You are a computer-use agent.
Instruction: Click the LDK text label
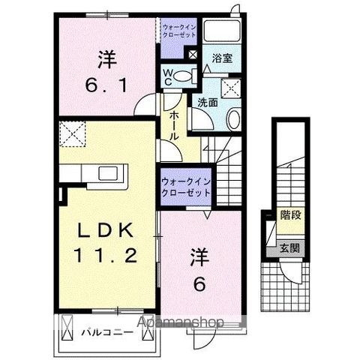click(105, 229)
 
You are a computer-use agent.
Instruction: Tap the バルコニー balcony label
click(108, 331)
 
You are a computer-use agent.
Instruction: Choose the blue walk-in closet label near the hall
click(184, 186)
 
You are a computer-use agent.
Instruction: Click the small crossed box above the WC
click(193, 55)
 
